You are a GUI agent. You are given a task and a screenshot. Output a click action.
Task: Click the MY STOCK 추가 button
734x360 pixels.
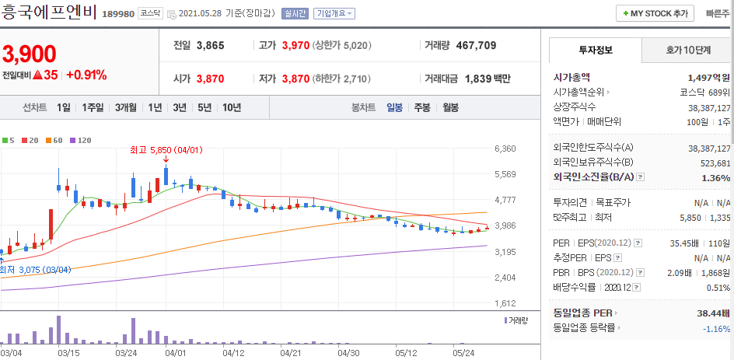(x=655, y=13)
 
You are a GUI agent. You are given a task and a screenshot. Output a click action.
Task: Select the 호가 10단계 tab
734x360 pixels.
(x=687, y=50)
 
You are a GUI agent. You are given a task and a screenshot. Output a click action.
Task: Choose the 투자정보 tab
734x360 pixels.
(x=596, y=50)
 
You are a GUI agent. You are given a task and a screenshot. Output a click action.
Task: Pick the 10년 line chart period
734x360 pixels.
(x=231, y=107)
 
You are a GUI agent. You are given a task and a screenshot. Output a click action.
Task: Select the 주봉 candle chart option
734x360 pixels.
(x=422, y=107)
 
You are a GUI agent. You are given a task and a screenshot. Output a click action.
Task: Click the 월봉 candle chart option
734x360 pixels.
(x=450, y=107)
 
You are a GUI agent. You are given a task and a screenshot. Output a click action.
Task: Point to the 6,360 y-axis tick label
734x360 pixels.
(x=505, y=149)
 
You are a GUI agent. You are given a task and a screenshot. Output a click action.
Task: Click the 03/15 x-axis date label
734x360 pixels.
(x=68, y=353)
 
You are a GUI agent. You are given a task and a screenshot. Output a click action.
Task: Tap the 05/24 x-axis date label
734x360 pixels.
(x=463, y=353)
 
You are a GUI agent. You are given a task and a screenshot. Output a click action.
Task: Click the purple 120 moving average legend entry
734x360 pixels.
(x=80, y=140)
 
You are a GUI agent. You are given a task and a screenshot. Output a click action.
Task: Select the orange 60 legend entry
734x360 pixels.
(x=53, y=140)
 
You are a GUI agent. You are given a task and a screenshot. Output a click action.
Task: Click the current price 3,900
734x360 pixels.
(x=30, y=54)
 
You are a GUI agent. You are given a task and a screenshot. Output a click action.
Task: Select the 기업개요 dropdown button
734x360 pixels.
(x=335, y=13)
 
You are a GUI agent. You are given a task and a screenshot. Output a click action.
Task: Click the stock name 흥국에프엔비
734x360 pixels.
(x=49, y=12)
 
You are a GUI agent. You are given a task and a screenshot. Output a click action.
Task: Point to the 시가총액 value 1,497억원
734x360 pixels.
(x=708, y=77)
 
